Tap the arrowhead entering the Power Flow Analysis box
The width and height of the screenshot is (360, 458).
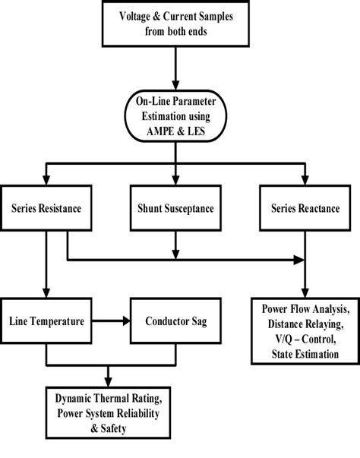305,292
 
